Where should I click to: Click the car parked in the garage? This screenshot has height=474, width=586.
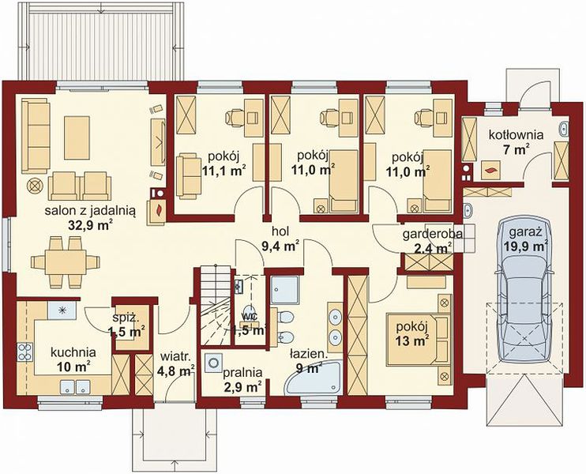[x=525, y=291]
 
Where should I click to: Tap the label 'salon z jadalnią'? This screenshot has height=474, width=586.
[x=90, y=211]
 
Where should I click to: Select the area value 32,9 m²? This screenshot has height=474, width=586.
[x=91, y=225]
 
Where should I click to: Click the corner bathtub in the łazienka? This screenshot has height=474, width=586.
[x=314, y=377]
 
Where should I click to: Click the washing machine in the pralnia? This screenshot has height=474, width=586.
[x=214, y=363]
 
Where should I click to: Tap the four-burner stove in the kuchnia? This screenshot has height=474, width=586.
[x=25, y=352]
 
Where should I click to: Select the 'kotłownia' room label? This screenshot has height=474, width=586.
[x=517, y=134]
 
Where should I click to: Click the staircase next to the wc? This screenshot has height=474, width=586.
[x=215, y=305]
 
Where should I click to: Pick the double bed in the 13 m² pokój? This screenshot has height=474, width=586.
[x=419, y=339]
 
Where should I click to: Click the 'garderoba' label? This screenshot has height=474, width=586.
[x=433, y=235]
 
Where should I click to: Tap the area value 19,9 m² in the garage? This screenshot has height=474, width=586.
[x=525, y=246]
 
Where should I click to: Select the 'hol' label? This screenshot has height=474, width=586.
[x=280, y=231]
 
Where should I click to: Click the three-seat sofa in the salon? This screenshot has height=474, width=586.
[x=36, y=136]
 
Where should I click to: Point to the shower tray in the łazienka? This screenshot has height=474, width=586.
[x=285, y=290]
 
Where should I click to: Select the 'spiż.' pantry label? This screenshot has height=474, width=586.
[x=126, y=319]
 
